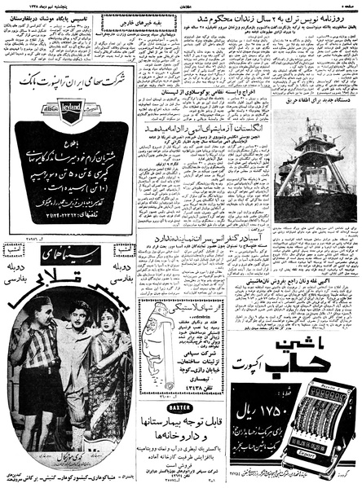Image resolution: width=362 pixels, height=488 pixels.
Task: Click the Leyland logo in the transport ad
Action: click(x=70, y=110)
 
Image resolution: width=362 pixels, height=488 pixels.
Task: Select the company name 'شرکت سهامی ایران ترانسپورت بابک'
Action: click(x=70, y=84)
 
